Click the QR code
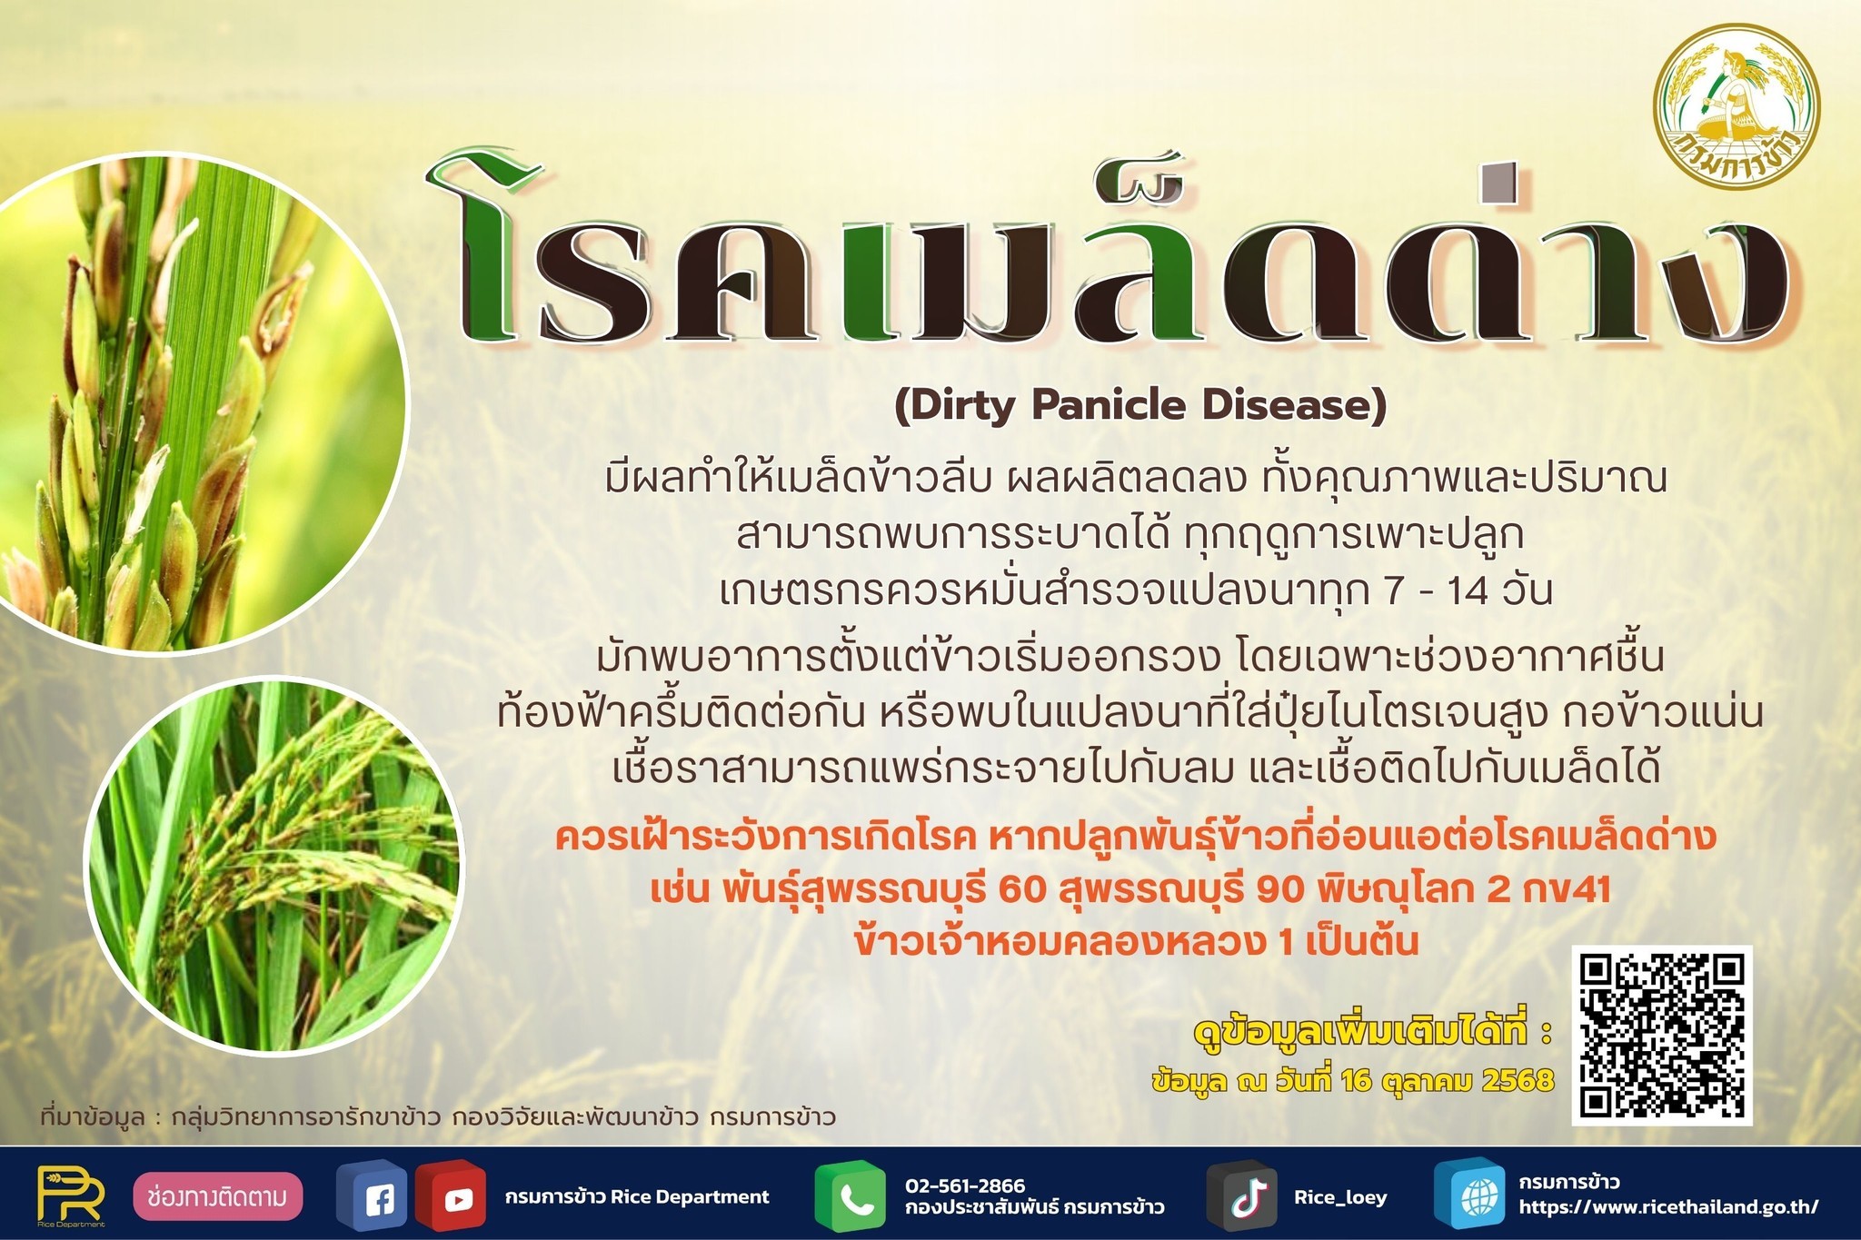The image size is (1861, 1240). tap(1662, 1035)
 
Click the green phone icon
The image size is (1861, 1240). tap(850, 1196)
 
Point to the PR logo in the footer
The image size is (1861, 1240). tap(72, 1196)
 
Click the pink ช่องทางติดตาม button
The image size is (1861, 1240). tap(218, 1196)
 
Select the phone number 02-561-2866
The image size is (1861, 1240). tap(964, 1185)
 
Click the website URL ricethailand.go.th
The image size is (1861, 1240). tap(1668, 1207)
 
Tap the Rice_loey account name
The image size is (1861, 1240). tap(1340, 1197)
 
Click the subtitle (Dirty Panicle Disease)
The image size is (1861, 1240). tap(1140, 405)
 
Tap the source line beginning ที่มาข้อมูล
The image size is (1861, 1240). tap(437, 1116)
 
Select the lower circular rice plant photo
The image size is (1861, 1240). tap(274, 864)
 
